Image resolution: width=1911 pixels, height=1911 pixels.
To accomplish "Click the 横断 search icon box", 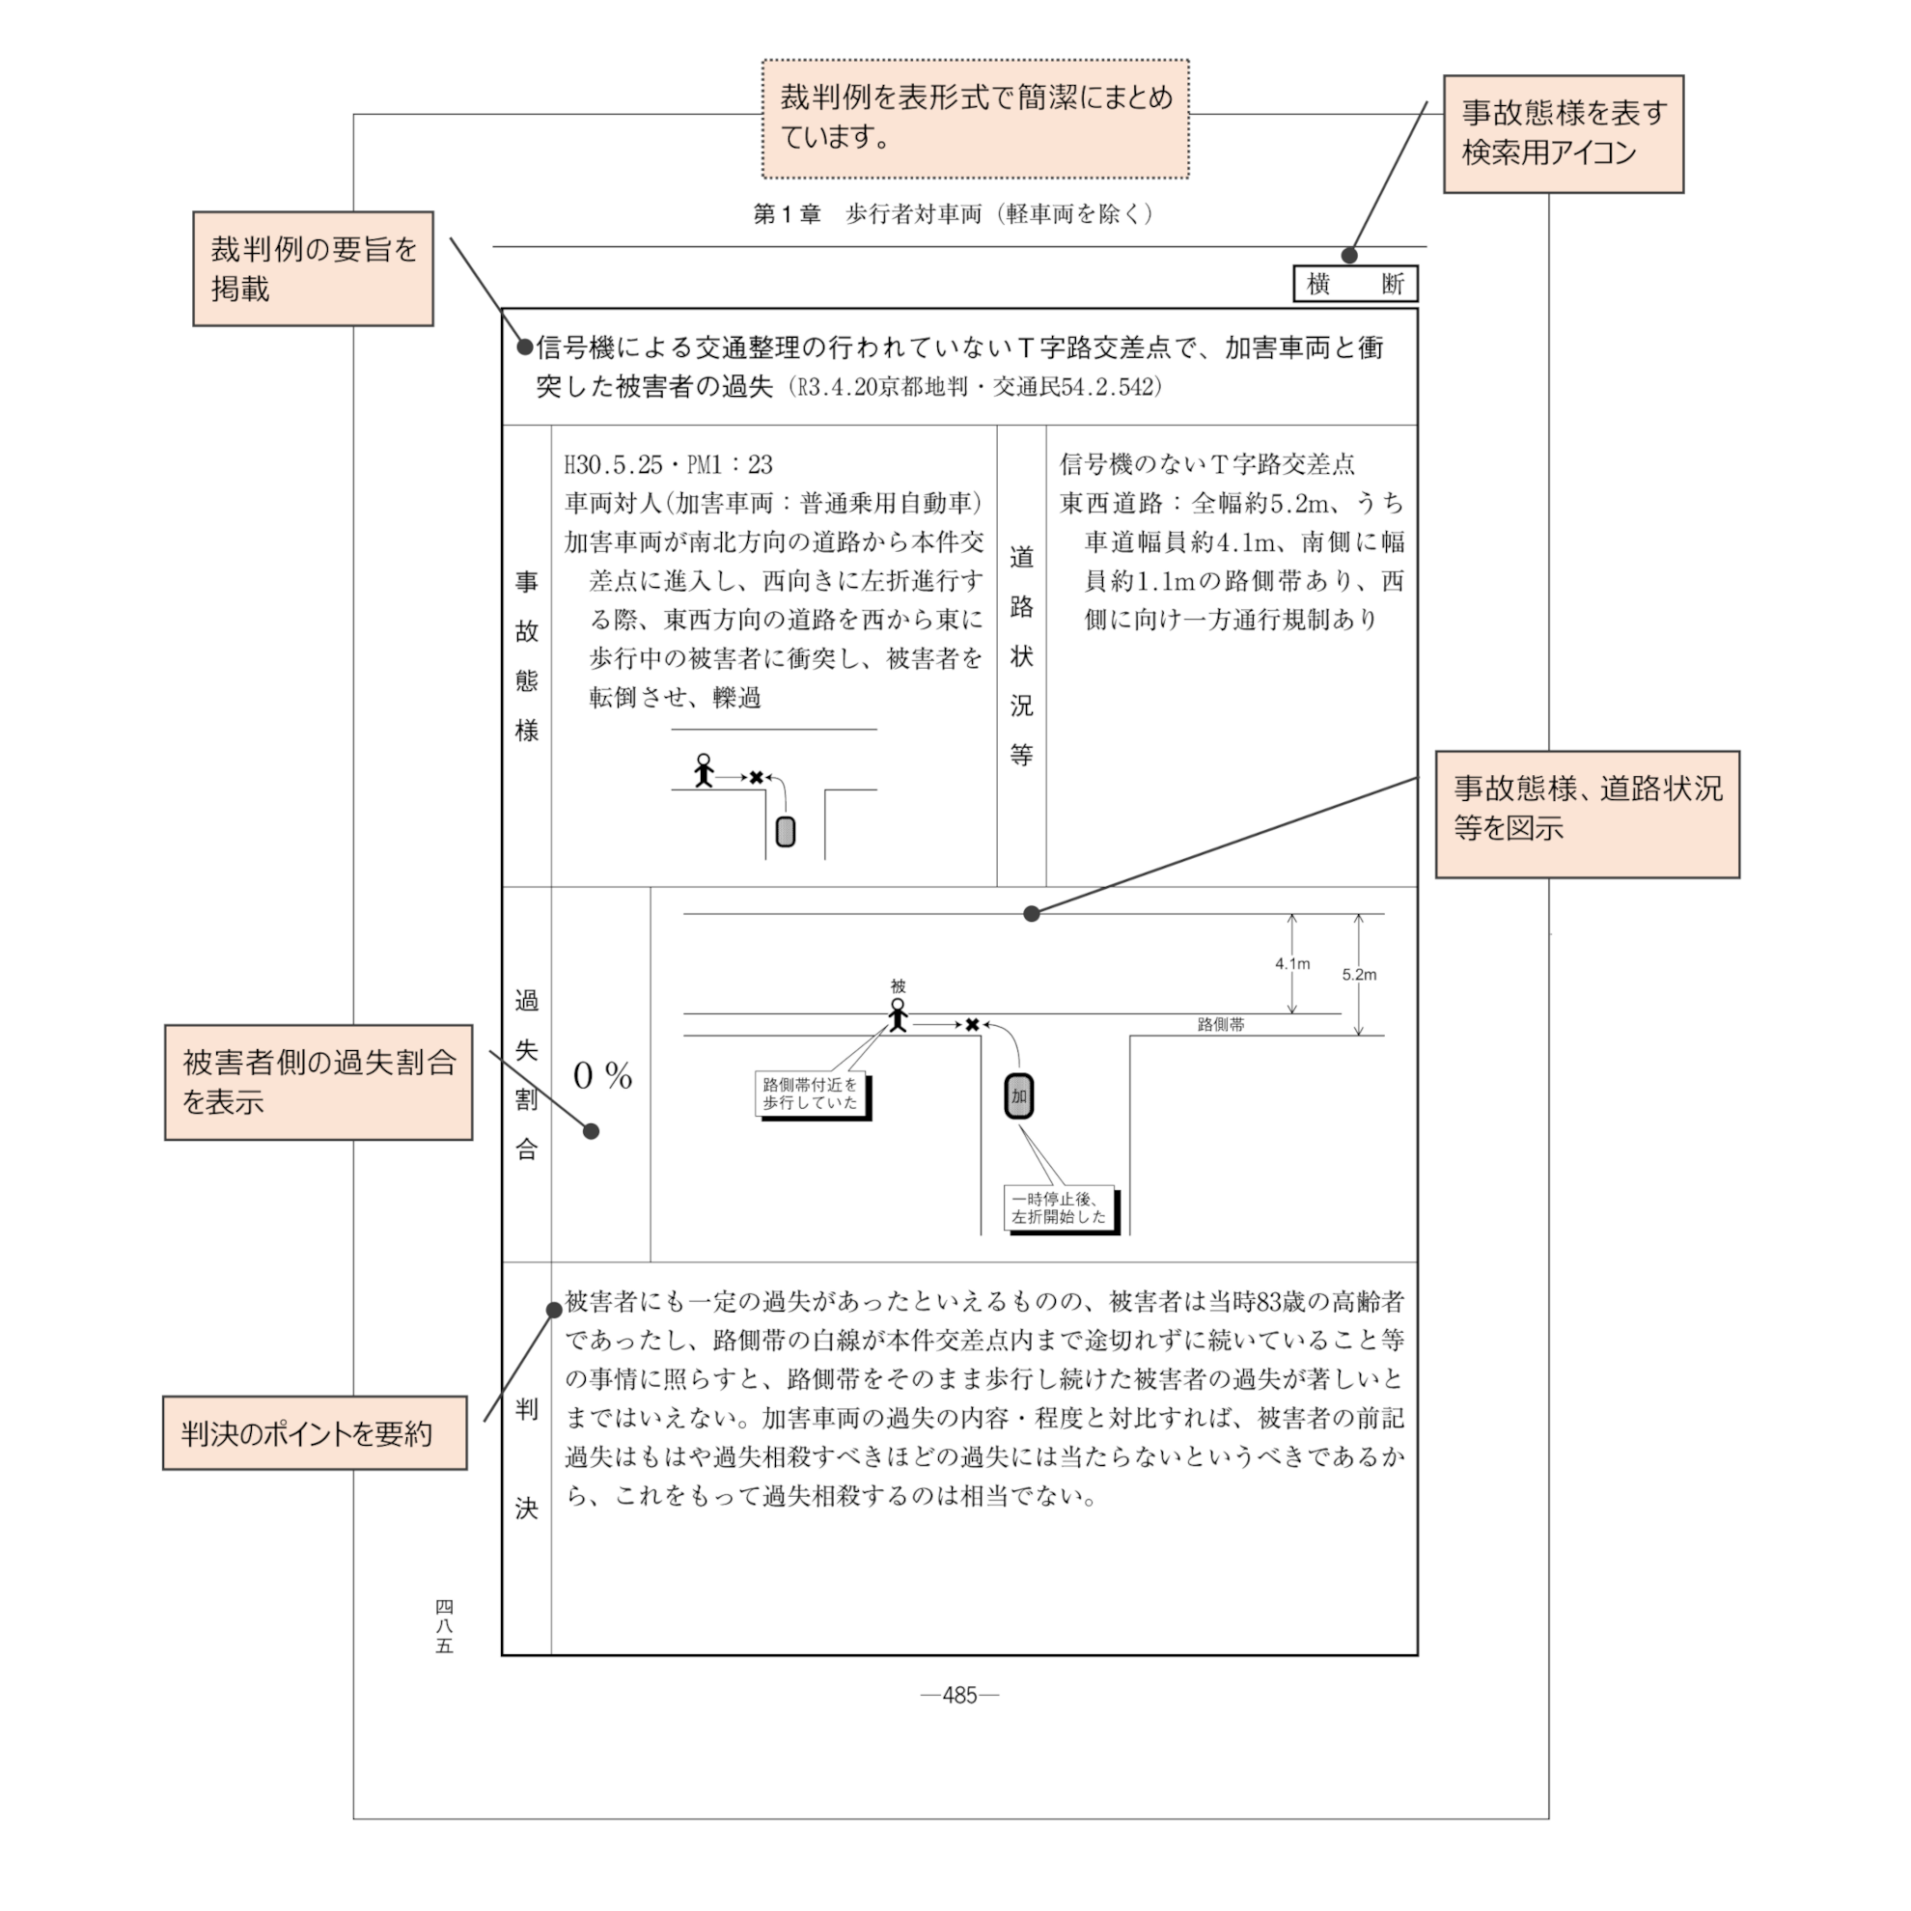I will tap(1355, 284).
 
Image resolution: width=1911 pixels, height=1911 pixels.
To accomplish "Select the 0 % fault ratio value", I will tap(602, 1075).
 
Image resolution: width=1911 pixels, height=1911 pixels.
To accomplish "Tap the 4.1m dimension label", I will tap(1291, 963).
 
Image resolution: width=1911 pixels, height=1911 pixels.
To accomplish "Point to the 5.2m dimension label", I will tap(1359, 974).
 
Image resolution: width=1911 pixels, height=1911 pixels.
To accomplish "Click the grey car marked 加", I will tap(1019, 1096).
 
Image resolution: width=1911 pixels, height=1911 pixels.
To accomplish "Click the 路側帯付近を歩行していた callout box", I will tap(810, 1093).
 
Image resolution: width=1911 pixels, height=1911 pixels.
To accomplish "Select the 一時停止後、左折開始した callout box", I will tap(1059, 1207).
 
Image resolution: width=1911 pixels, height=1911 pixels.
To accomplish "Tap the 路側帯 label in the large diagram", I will tap(1221, 1025).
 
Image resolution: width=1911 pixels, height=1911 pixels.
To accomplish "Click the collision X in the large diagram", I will tap(972, 1025).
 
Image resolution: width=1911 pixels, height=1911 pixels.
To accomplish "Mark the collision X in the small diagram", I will tap(757, 778).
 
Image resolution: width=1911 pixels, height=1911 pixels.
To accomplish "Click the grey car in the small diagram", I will tap(786, 831).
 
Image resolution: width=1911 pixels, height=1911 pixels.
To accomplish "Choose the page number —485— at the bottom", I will tap(959, 1696).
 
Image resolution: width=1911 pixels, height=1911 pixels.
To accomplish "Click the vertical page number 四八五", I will tap(444, 1626).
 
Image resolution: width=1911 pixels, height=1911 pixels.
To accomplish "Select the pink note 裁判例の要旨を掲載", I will tap(313, 268).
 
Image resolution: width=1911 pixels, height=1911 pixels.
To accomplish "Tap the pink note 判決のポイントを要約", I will tap(315, 1433).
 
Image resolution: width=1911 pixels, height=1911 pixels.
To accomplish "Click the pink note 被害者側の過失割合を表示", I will tap(318, 1082).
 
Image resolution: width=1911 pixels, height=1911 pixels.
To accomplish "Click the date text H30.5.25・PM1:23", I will tap(669, 465).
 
